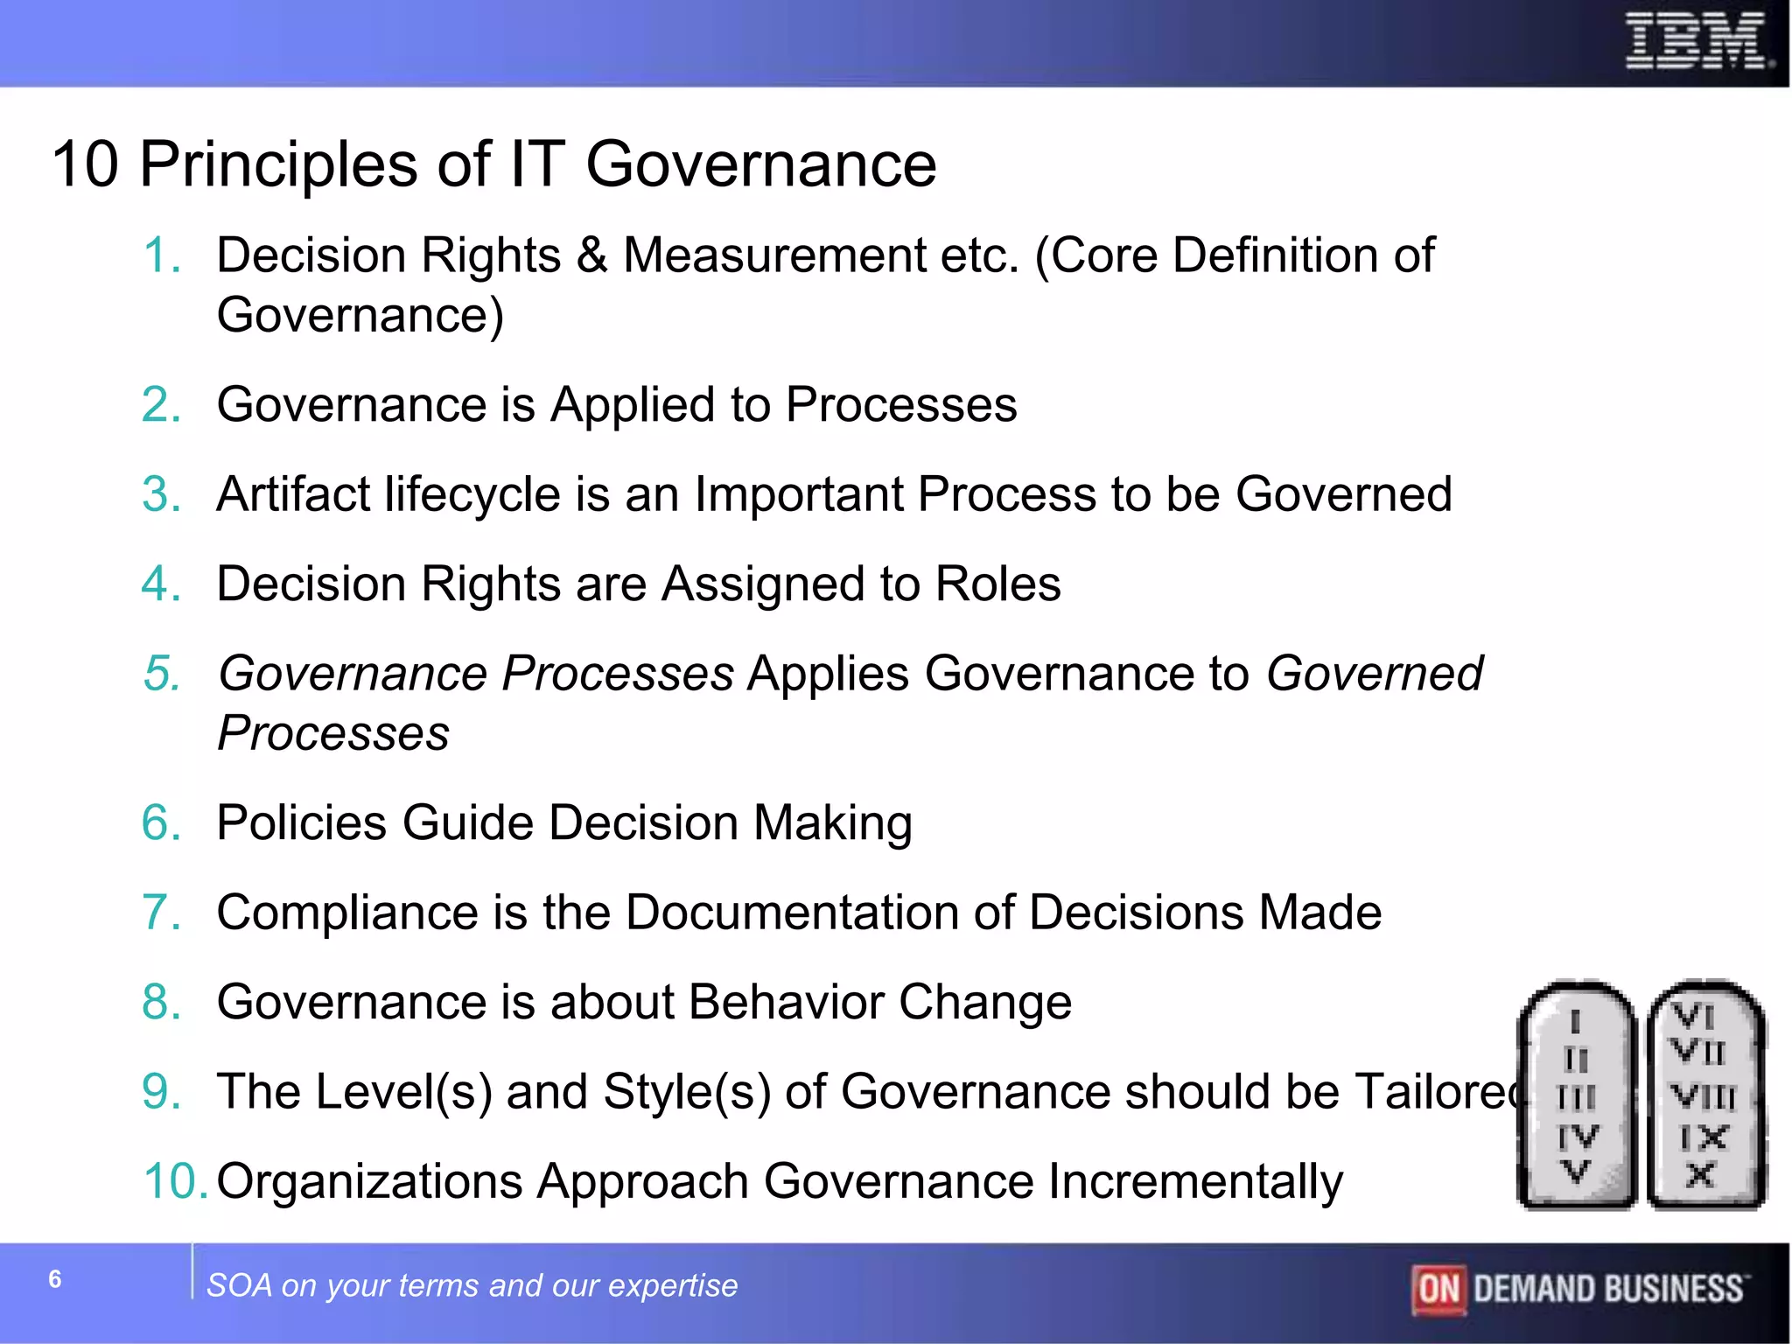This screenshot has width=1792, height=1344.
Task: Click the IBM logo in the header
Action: click(x=1697, y=41)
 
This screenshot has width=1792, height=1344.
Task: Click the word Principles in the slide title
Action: click(x=279, y=164)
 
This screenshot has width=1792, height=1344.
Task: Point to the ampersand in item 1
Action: click(x=591, y=255)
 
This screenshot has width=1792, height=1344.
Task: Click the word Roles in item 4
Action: click(x=997, y=584)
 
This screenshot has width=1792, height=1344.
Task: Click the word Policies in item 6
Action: click(x=301, y=822)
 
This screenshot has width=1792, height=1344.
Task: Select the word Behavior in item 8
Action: click(x=786, y=1002)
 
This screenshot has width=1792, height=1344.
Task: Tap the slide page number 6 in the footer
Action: click(x=55, y=1279)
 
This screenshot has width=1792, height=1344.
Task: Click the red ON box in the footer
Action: click(x=1438, y=1289)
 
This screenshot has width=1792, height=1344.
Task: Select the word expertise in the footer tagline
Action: click(x=672, y=1285)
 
